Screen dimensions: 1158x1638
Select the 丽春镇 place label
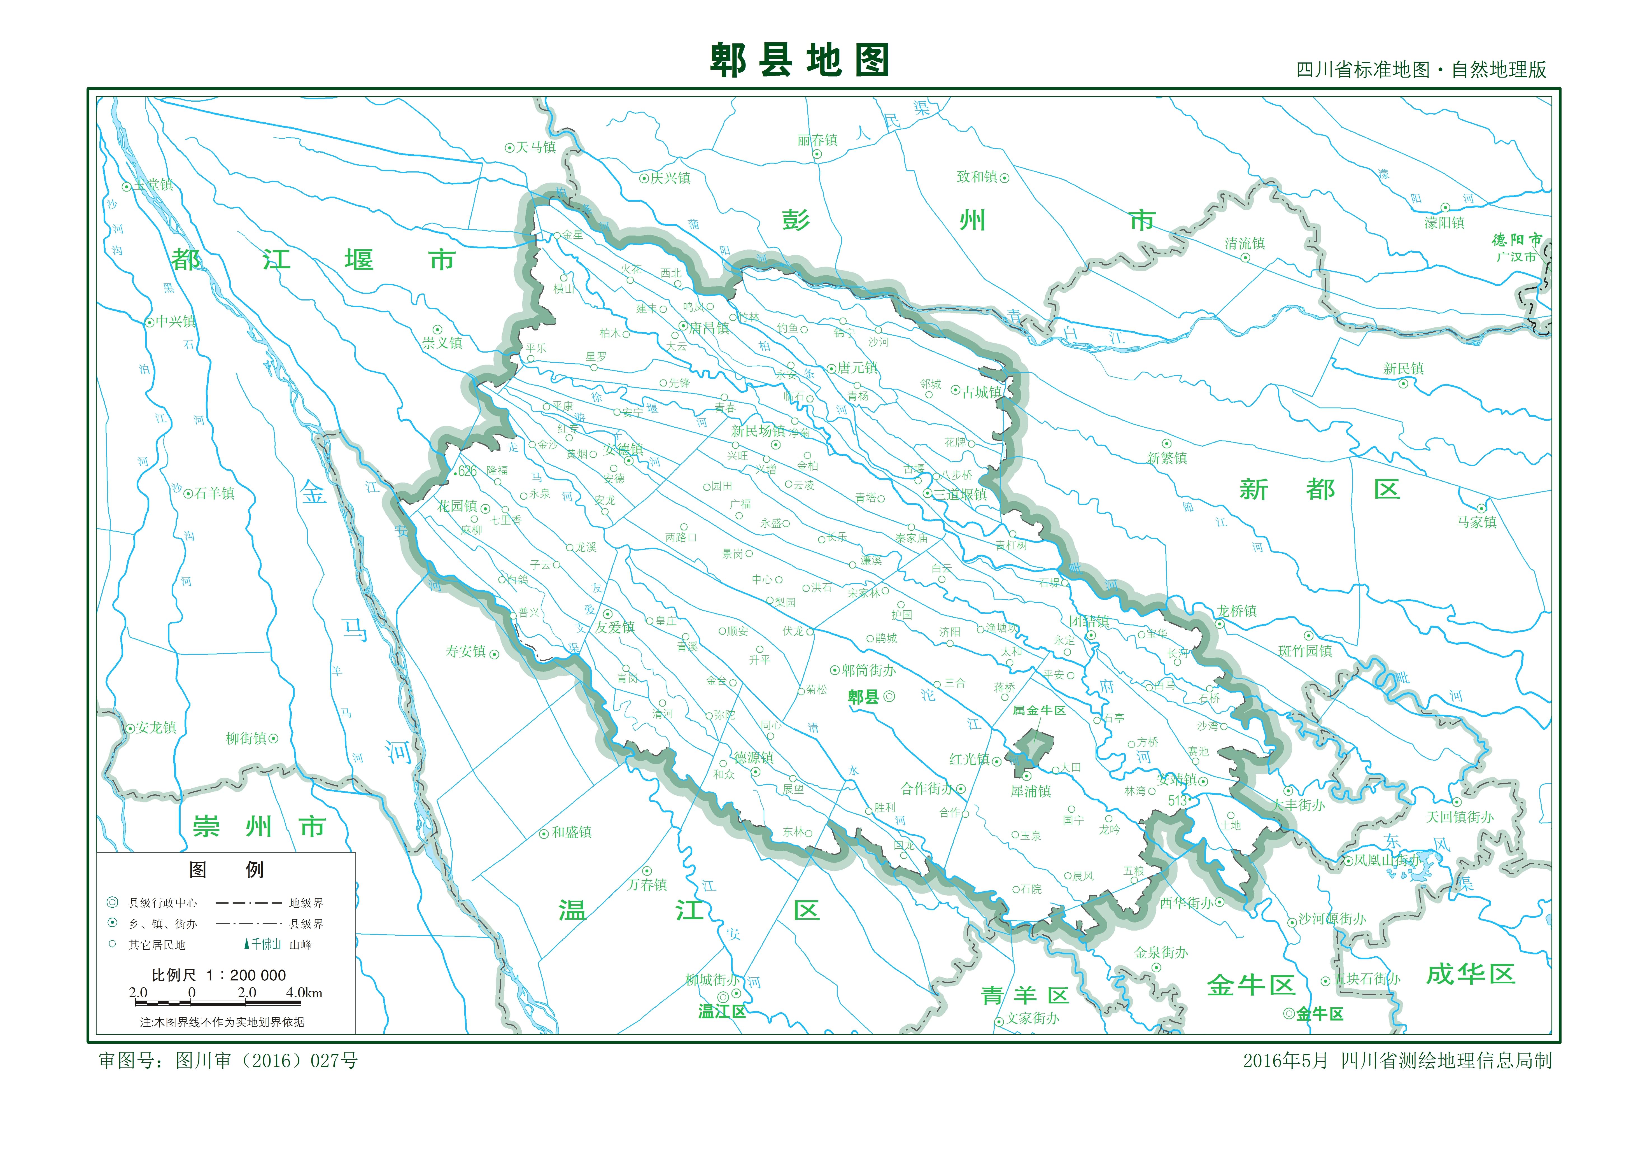click(x=817, y=141)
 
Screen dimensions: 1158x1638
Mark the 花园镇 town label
click(x=457, y=506)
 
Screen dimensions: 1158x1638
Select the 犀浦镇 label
click(x=1031, y=791)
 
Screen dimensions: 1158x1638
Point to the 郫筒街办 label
click(x=868, y=671)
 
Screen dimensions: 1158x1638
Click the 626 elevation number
click(x=467, y=471)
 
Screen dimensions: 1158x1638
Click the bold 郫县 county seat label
click(x=863, y=697)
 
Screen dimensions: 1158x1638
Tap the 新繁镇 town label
click(x=1167, y=458)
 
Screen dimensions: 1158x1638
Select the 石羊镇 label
click(x=214, y=494)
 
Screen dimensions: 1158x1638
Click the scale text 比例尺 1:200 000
click(x=219, y=975)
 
